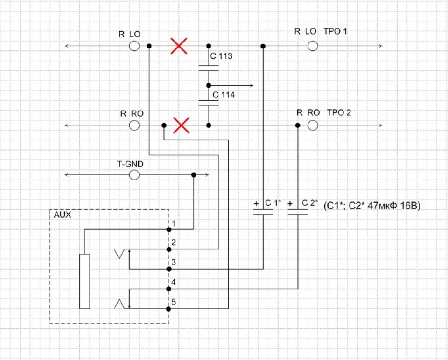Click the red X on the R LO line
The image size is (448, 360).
(x=179, y=46)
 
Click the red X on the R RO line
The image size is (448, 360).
(x=182, y=125)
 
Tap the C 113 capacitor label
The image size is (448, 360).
(x=221, y=56)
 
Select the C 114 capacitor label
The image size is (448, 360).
(x=224, y=95)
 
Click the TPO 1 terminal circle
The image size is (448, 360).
(x=313, y=46)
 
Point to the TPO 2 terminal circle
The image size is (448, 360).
(x=313, y=125)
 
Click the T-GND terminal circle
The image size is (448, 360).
(x=134, y=175)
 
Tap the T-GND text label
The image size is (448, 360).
(x=130, y=164)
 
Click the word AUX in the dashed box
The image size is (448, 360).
(x=62, y=215)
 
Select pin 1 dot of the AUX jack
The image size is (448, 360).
(x=169, y=229)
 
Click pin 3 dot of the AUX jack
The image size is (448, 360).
(x=169, y=269)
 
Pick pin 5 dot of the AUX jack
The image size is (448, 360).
(x=168, y=309)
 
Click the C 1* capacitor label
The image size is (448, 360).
(x=273, y=203)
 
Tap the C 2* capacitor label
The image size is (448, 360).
(x=310, y=203)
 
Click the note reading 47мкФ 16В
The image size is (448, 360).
(x=394, y=206)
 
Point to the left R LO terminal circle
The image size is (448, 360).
(x=134, y=46)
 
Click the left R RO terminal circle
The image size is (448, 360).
(x=134, y=125)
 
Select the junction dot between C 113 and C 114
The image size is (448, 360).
(x=209, y=85)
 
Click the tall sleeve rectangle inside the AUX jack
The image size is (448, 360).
(x=84, y=281)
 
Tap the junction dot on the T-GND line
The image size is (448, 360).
(x=194, y=175)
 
